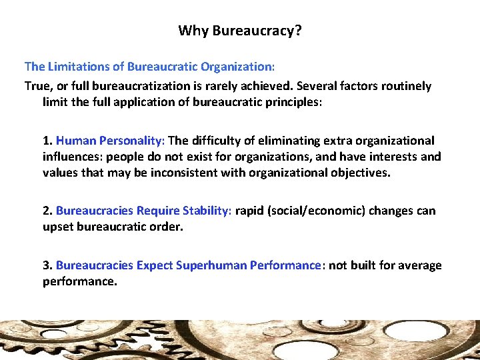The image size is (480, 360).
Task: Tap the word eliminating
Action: (285, 141)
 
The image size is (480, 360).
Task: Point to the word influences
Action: (72, 157)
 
